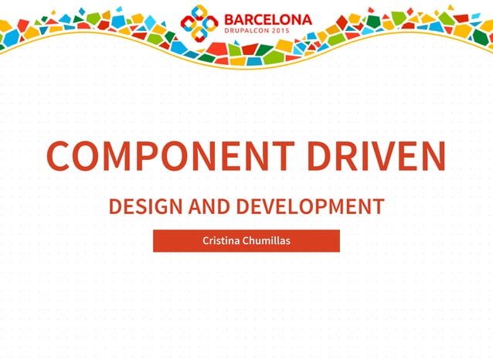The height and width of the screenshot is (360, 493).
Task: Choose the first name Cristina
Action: (219, 241)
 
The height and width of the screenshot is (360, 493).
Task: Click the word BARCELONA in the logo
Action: (268, 19)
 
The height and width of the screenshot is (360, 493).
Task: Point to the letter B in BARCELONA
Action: (229, 19)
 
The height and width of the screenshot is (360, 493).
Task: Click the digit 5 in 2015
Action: (309, 32)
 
